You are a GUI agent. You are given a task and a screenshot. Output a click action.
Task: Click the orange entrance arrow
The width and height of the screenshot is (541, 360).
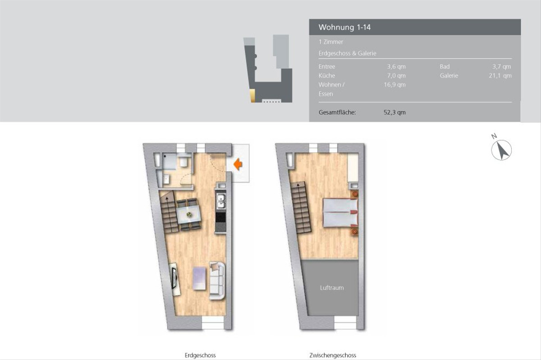pos(238,164)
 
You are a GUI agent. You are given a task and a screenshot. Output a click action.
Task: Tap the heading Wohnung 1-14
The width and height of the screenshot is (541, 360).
pos(344,27)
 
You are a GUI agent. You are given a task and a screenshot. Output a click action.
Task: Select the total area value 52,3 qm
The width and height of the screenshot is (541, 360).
pos(394,113)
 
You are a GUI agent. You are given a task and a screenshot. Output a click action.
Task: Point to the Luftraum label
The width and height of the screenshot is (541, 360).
pos(332,288)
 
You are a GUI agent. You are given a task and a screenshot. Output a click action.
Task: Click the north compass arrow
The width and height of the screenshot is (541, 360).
pos(503,150)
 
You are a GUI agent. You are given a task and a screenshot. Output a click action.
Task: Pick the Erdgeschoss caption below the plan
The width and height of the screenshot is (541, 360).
pos(200,355)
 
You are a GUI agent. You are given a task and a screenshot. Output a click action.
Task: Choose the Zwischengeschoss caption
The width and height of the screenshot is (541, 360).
pos(333,355)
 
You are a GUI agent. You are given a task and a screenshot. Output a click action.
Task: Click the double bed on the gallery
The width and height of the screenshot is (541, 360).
pos(340,213)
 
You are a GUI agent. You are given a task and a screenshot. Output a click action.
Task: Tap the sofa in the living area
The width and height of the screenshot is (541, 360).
pos(217,281)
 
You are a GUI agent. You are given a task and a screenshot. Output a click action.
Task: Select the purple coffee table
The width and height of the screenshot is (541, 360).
pos(199,278)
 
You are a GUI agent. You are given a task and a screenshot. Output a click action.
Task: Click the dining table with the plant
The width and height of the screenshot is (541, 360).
pos(188,214)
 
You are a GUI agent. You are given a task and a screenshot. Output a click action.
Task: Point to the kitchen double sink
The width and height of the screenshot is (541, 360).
pos(221,201)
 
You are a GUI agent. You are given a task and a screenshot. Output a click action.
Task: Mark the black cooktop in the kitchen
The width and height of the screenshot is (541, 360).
pos(221,217)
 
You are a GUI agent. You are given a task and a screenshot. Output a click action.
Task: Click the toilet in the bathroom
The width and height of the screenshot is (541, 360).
pos(184,161)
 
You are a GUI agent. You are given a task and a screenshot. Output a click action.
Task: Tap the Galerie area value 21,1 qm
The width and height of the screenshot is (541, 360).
pos(500,76)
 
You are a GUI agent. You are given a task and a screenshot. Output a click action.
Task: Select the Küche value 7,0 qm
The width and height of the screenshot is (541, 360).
pos(396,76)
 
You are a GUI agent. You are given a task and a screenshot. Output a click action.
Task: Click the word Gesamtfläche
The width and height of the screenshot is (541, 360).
pos(337,113)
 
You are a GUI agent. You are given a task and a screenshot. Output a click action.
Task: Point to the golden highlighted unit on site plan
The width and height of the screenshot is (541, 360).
pos(252,96)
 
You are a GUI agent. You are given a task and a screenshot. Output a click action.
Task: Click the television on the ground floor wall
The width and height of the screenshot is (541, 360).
pos(174,278)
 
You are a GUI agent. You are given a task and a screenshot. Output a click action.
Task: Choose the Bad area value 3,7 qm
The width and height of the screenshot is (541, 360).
pos(502,67)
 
